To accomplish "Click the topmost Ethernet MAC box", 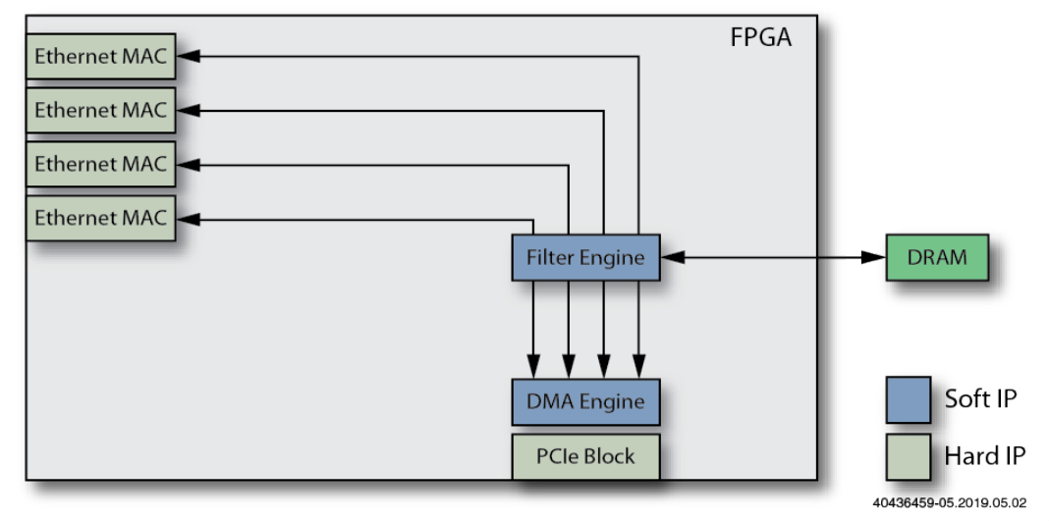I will point(100,57).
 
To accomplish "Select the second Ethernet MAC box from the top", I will point(100,110).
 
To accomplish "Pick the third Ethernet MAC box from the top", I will point(100,164).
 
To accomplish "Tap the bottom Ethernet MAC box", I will point(100,218).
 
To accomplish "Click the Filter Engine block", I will point(585,258).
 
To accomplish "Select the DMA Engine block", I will point(585,401).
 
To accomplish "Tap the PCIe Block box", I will point(585,455).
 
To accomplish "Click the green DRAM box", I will point(936,258).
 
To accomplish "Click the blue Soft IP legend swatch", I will point(909,399).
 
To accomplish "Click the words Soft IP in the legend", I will point(979,399).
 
